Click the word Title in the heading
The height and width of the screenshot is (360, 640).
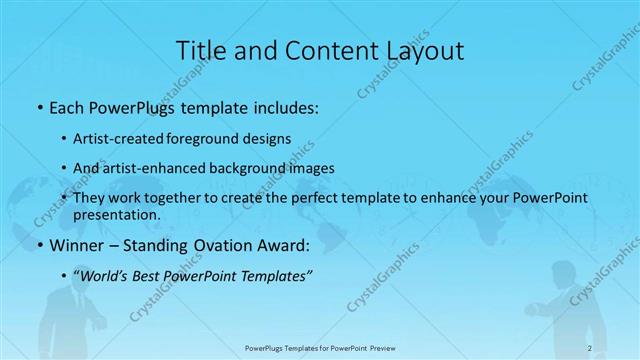199,49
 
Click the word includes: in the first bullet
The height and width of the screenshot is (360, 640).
284,106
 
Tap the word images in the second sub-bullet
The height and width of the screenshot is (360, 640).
310,168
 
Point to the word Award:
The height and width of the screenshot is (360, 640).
290,244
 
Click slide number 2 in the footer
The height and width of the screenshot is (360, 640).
590,348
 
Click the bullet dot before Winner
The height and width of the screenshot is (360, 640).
39,245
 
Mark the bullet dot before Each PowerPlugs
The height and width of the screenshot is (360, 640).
39,107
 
